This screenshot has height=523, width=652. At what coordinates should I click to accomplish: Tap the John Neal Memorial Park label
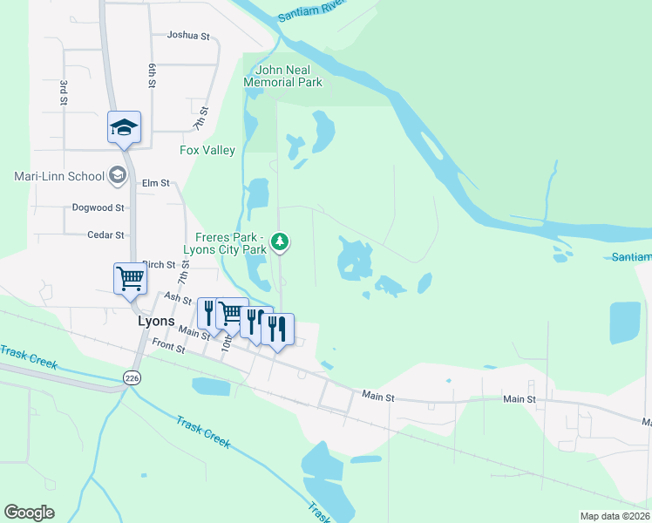282,77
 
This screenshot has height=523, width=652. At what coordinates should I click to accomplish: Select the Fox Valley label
207,151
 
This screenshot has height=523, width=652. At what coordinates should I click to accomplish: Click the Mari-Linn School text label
59,176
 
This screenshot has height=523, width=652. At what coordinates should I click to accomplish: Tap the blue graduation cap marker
124,128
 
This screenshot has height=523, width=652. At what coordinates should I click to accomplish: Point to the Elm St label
155,184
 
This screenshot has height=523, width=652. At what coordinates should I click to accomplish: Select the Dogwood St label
98,208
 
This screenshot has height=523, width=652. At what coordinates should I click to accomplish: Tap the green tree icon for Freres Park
280,241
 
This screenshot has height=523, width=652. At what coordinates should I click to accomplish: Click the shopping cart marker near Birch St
130,280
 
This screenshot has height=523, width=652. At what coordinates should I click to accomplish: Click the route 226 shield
132,377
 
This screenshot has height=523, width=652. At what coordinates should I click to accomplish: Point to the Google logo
29,513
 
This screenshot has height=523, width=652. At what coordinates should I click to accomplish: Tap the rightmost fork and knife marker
277,329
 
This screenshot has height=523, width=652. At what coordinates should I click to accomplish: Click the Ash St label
178,299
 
